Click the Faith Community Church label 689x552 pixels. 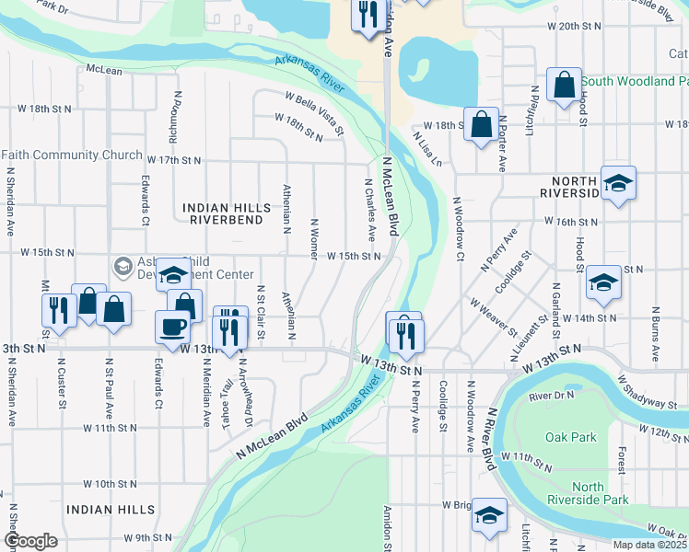point(72,155)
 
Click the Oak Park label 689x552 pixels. point(571,438)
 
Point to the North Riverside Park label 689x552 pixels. point(601,494)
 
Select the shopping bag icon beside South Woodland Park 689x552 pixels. point(563,84)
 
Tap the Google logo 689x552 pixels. point(30,541)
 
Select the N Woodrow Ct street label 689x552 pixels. point(457,228)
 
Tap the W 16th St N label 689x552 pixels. point(571,222)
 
